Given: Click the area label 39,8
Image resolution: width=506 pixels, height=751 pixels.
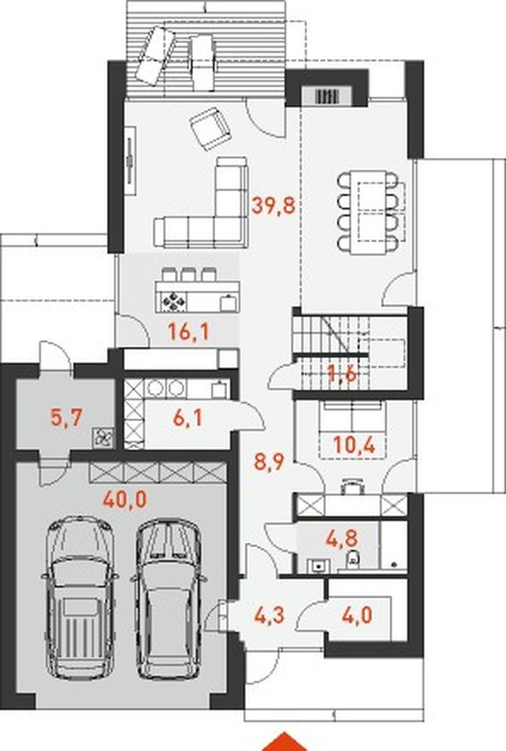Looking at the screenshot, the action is click(x=274, y=206).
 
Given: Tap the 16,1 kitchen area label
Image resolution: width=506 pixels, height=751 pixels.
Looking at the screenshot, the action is click(x=189, y=331).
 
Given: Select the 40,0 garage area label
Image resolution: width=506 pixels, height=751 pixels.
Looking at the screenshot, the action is click(x=125, y=500).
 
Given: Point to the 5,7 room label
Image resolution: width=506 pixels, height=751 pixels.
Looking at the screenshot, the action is click(x=67, y=417).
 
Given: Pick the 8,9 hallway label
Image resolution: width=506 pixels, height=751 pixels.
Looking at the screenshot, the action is click(x=268, y=462).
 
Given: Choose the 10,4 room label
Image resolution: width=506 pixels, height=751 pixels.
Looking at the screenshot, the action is click(x=354, y=445).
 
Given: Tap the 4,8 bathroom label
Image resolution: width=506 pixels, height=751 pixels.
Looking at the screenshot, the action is click(x=343, y=537).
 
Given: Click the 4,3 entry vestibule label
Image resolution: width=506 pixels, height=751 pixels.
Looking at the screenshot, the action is click(x=269, y=615).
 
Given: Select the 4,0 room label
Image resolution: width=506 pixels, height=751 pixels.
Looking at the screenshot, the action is click(x=357, y=615).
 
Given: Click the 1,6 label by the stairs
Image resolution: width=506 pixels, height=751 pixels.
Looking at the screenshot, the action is click(x=342, y=372).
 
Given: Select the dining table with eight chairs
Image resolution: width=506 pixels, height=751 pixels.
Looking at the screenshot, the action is click(x=368, y=212).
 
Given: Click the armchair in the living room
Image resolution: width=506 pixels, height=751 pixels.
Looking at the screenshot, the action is click(x=210, y=128).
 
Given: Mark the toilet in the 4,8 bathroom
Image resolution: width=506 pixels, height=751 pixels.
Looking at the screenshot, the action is click(x=353, y=558).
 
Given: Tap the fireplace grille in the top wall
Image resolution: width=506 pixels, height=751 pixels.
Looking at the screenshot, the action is click(x=328, y=96).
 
